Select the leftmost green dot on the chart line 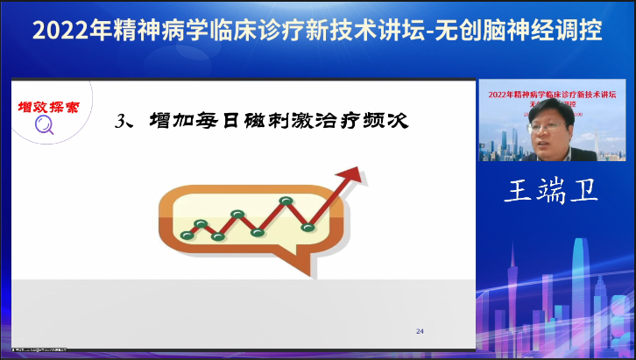click(x=186, y=236)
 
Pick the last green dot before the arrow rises click(x=307, y=228)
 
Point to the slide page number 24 click(x=420, y=331)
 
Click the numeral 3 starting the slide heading click(x=121, y=122)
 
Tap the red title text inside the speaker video click(x=551, y=93)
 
